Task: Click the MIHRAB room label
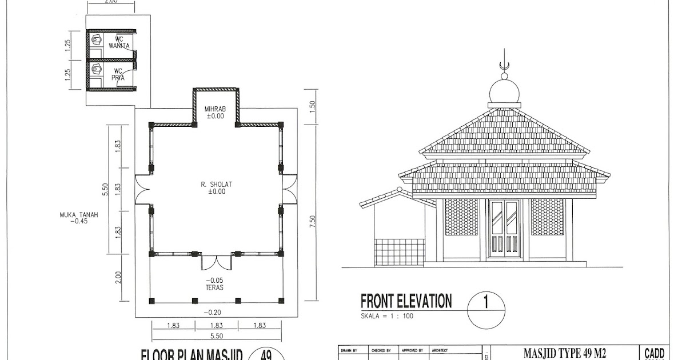click(216, 109)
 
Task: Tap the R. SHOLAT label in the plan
click(217, 184)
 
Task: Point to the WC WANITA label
click(119, 42)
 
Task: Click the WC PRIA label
click(118, 74)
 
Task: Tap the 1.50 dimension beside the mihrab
click(312, 107)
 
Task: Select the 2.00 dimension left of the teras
click(118, 277)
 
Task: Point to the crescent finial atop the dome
click(504, 66)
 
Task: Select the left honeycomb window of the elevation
click(461, 217)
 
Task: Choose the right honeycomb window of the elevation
click(547, 217)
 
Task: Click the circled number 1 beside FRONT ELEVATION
click(486, 303)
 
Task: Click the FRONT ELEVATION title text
click(406, 301)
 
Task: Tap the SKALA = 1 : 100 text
click(387, 315)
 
